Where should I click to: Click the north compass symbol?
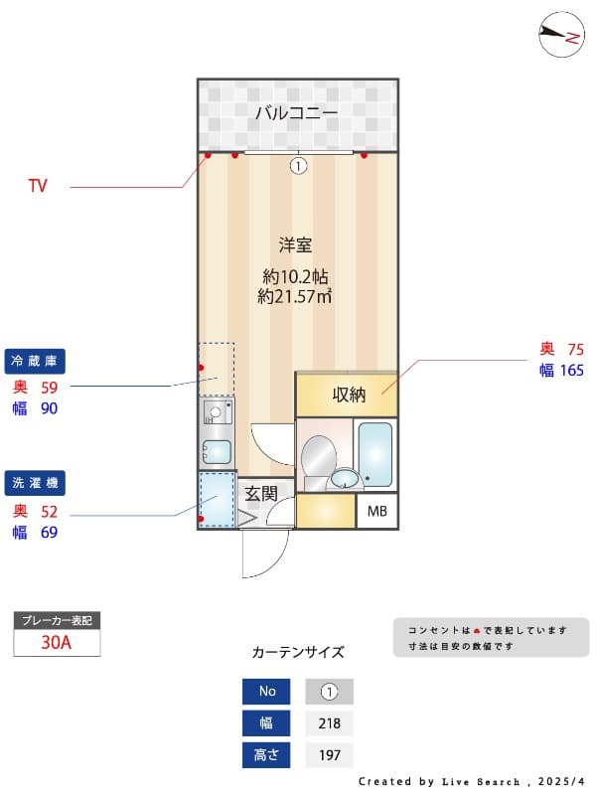point(561,34)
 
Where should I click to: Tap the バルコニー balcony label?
point(296,112)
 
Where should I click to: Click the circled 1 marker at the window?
point(299,166)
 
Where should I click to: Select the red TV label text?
point(38,186)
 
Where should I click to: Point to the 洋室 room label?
point(295,244)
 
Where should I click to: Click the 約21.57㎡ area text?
point(294,296)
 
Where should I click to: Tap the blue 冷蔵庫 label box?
point(35,361)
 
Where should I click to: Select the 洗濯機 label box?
point(35,483)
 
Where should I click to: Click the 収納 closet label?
point(349,395)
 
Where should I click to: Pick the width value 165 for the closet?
point(572,370)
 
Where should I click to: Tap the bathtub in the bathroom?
point(375,454)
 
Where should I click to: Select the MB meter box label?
point(377,511)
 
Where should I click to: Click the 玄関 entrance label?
point(261,493)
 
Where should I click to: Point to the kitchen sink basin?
point(217,452)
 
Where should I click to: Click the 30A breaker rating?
point(57,642)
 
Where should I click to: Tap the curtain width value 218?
point(330,723)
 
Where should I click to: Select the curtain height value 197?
point(330,755)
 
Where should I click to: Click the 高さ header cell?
point(266,755)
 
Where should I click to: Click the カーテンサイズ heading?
point(298,652)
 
